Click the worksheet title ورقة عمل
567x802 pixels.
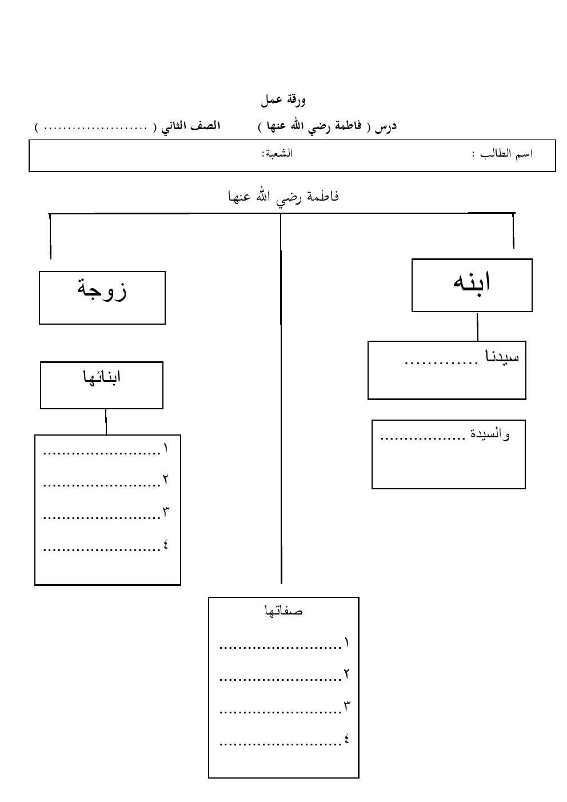click(283, 101)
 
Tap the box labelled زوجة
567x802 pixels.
click(102, 297)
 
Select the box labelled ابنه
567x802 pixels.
click(472, 285)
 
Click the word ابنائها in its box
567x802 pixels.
click(102, 378)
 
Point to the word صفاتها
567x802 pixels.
click(283, 611)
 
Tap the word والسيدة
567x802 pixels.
click(490, 434)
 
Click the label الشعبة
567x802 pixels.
click(277, 154)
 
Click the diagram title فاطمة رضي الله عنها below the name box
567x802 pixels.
click(283, 197)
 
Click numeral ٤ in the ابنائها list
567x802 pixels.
click(166, 545)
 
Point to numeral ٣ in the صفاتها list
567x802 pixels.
click(346, 707)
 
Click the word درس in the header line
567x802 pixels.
click(386, 126)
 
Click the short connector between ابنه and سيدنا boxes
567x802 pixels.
click(477, 326)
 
